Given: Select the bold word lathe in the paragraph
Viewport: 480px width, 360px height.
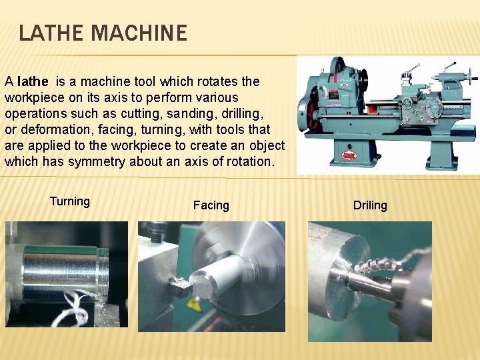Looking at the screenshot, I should point(33,82).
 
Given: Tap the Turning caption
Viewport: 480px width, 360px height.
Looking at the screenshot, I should point(69,201).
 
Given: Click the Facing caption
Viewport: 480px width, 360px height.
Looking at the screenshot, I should point(211,205).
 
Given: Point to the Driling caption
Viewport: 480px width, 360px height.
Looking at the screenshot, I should point(370,205).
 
